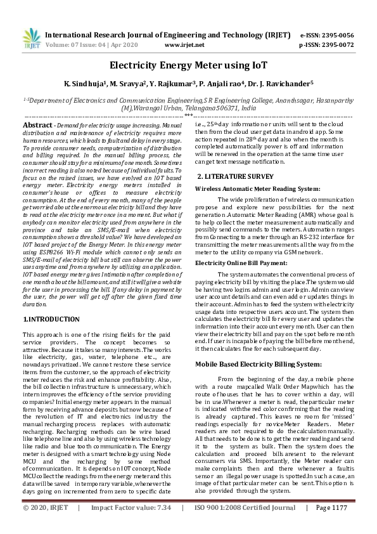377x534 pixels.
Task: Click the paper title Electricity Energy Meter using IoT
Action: point(188,65)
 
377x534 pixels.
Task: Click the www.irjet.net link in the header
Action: point(184,46)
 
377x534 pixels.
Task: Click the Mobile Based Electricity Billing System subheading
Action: point(258,365)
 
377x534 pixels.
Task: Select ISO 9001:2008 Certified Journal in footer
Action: point(244,526)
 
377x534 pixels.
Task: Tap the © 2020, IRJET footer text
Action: point(46,526)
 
